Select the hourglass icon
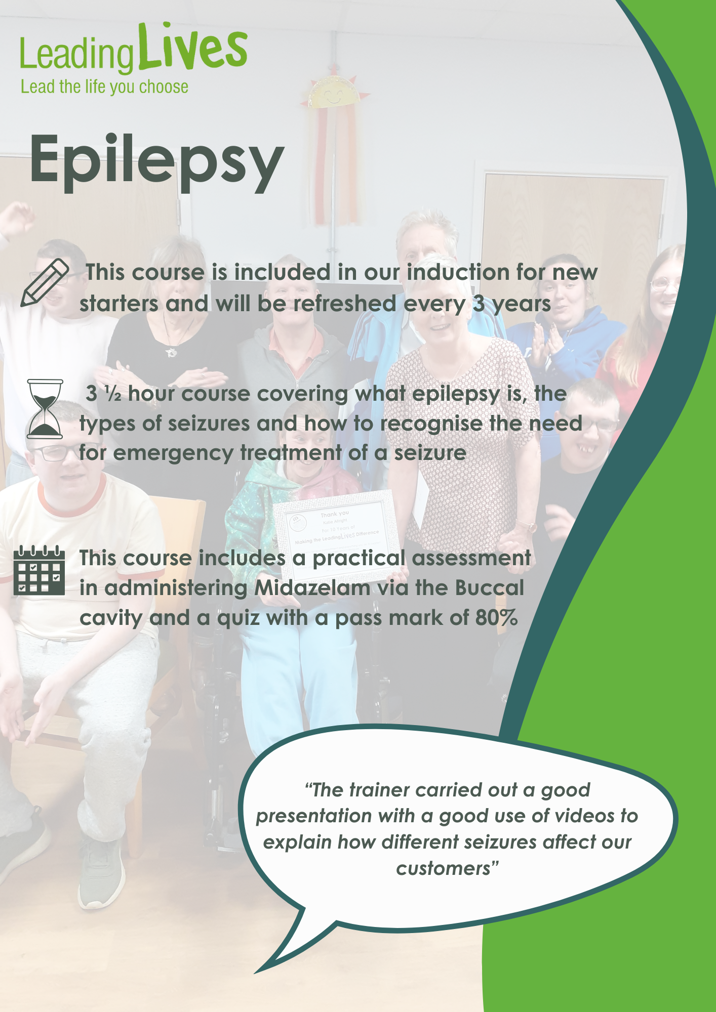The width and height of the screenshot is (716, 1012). pos(45,409)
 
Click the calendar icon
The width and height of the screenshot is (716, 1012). pos(39,570)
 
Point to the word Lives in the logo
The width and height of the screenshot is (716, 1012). pos(193,47)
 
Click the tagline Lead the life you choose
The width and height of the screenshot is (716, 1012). pos(104,87)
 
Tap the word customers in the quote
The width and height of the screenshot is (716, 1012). pos(444,869)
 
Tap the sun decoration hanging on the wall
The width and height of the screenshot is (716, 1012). pos(334,93)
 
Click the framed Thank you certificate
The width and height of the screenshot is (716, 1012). pos(336,535)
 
